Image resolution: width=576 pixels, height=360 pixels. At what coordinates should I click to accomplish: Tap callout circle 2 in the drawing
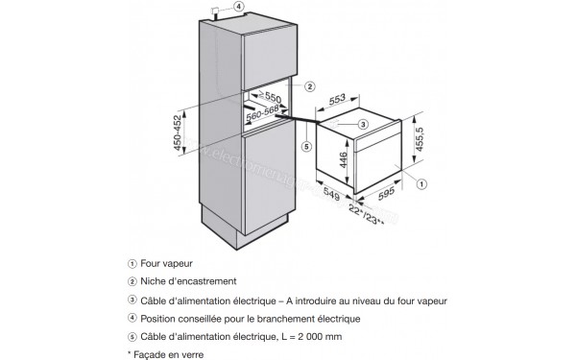pyautogui.click(x=310, y=85)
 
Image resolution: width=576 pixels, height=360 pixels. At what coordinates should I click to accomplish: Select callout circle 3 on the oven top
pyautogui.click(x=362, y=125)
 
